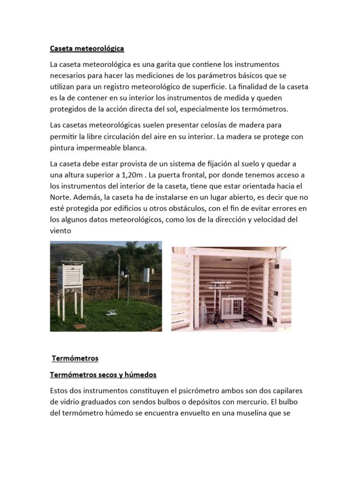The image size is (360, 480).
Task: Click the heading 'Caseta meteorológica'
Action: [87, 48]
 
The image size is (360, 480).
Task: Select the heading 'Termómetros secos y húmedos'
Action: [103, 375]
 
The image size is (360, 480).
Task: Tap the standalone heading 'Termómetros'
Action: [75, 359]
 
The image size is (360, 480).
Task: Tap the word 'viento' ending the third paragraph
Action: [60, 231]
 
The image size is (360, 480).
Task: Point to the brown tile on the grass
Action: [80, 326]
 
